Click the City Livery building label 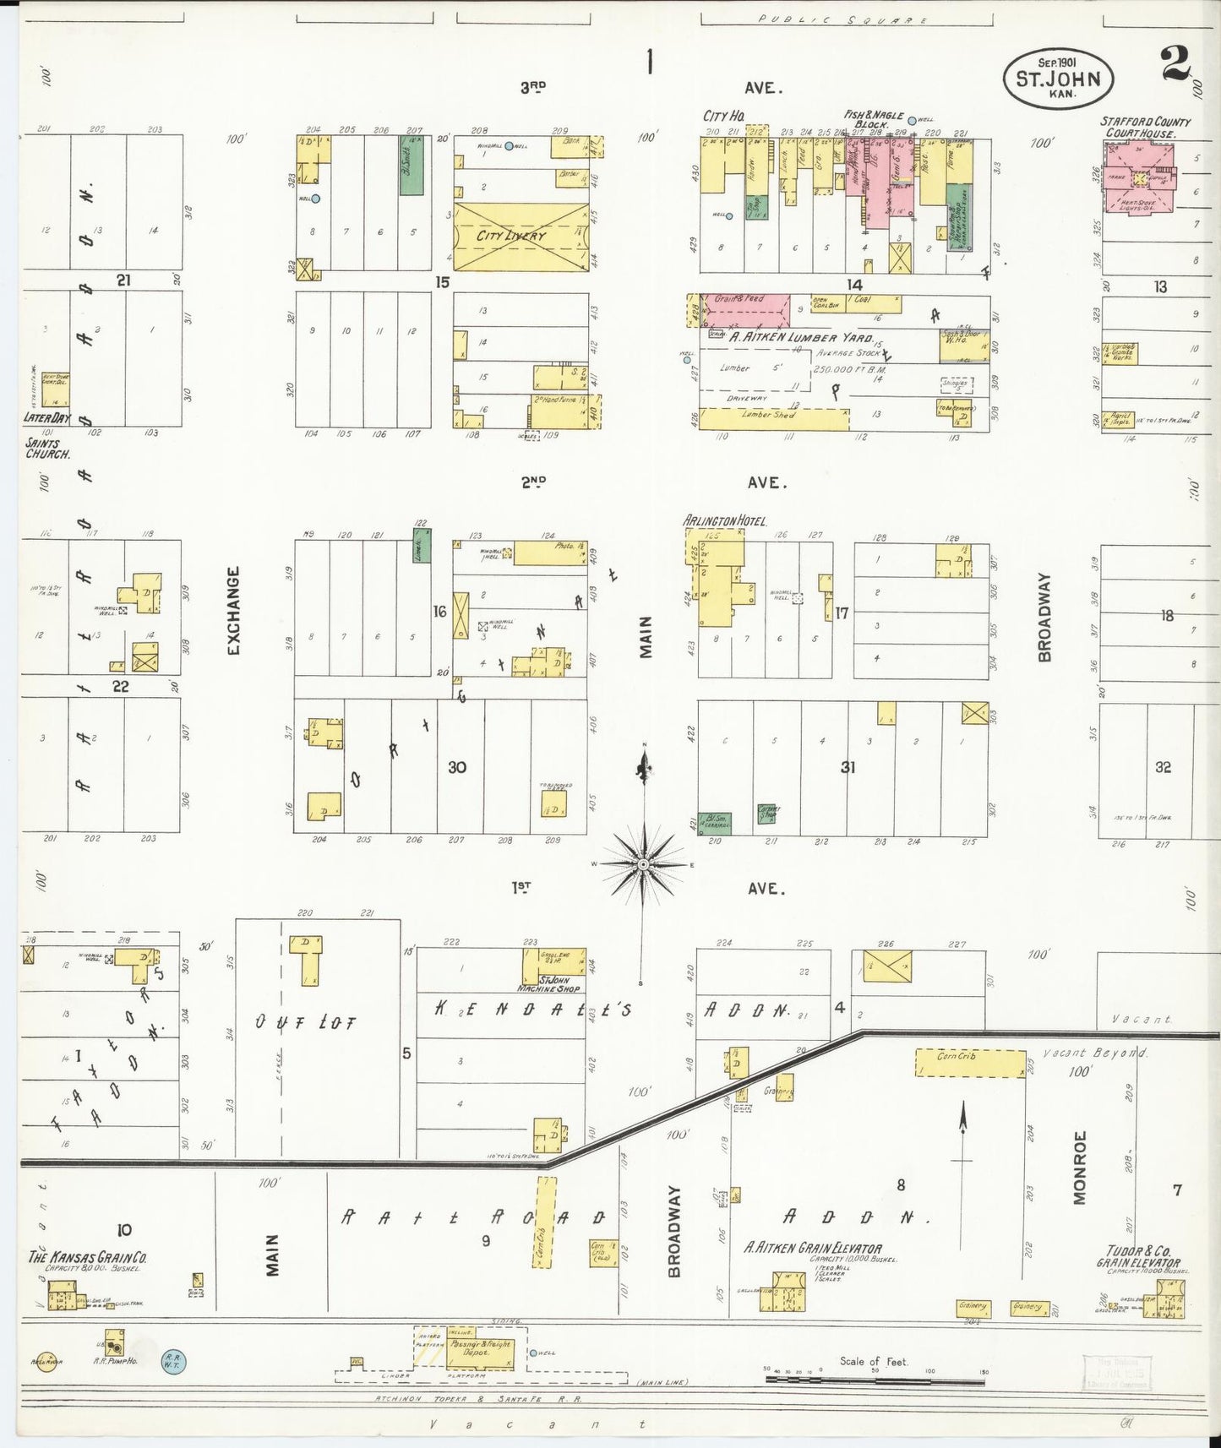(x=511, y=236)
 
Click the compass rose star (x=643, y=864)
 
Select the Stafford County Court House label (x=1145, y=128)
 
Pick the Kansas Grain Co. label (x=88, y=1257)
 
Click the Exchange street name (x=234, y=611)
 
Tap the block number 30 (x=456, y=767)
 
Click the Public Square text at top (x=842, y=19)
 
